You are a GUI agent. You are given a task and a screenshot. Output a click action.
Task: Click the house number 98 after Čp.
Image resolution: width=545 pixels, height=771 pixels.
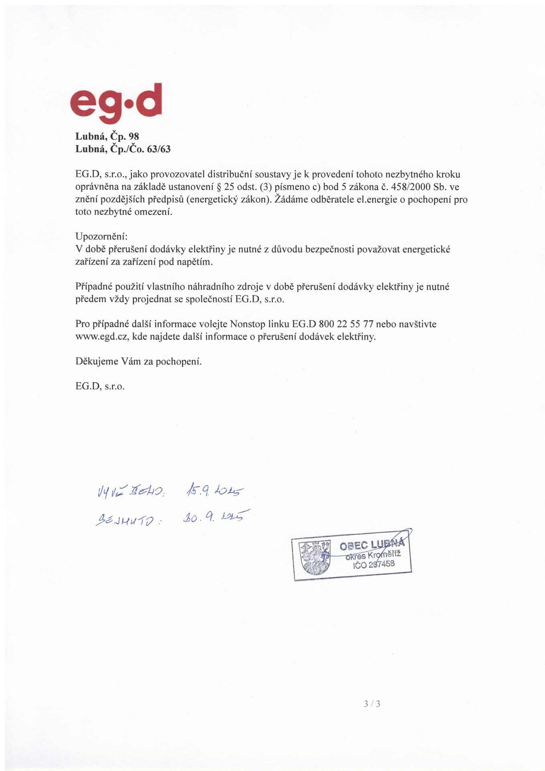click(134, 137)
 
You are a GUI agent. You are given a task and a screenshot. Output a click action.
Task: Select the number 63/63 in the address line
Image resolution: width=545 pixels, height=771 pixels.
click(159, 149)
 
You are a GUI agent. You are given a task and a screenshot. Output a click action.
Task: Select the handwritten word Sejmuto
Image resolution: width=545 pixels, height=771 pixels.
click(127, 520)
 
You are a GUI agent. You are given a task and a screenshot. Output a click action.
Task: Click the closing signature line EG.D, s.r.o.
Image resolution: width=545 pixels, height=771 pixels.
click(100, 386)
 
